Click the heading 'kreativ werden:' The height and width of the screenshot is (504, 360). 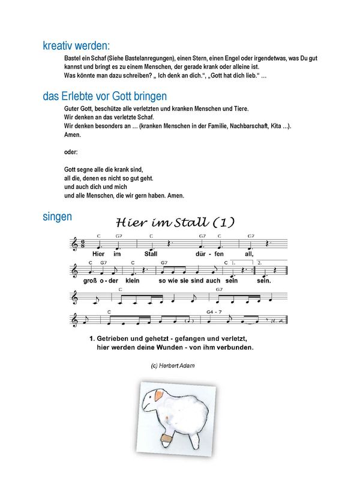pyautogui.click(x=76, y=46)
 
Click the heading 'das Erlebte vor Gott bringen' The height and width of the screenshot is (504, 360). pyautogui.click(x=104, y=96)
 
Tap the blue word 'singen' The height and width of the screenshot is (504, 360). pyautogui.click(x=58, y=217)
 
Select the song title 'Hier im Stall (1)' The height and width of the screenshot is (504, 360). pyautogui.click(x=175, y=222)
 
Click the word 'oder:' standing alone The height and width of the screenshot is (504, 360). pyautogui.click(x=71, y=152)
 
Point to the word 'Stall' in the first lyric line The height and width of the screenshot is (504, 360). pyautogui.click(x=151, y=254)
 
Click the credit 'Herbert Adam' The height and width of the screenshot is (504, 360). pyautogui.click(x=178, y=365)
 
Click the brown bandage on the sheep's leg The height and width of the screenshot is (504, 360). pyautogui.click(x=168, y=440)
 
